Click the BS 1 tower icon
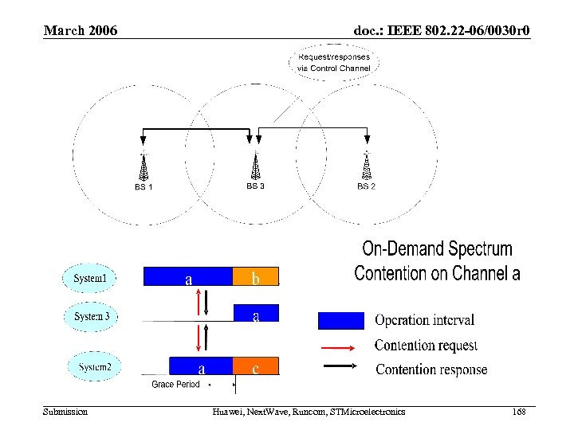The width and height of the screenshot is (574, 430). (143, 166)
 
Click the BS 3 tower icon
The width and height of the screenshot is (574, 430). (255, 165)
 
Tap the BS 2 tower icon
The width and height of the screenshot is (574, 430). (367, 165)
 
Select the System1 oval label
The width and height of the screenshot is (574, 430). (89, 278)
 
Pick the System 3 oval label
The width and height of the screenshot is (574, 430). (92, 316)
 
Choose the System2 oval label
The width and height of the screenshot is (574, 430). (95, 367)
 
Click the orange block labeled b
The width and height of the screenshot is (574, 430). (255, 276)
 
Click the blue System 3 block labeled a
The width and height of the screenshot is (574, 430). (255, 316)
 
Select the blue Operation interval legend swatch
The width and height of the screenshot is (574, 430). (340, 320)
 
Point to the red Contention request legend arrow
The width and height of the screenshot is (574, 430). (340, 346)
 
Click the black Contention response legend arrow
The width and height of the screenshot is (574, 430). (340, 369)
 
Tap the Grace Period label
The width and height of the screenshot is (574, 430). (175, 385)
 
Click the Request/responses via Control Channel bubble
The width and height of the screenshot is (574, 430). (334, 62)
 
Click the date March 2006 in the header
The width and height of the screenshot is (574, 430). (81, 31)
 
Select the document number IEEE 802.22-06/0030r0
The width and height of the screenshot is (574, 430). (442, 31)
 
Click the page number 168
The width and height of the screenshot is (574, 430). (520, 412)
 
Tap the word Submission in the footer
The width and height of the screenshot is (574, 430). (65, 412)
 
